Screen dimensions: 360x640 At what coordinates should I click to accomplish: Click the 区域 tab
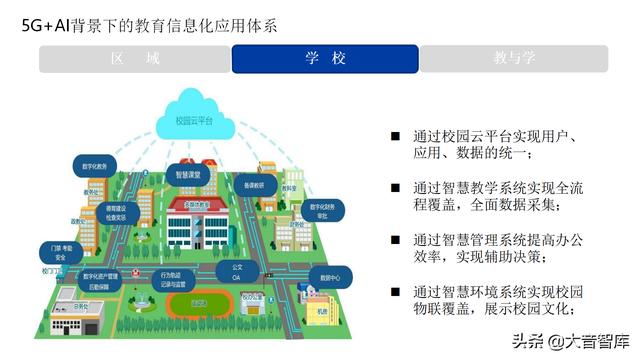[x=135, y=59]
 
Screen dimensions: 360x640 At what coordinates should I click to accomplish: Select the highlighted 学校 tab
[x=325, y=59]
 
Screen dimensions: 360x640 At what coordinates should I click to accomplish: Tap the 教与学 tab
[x=515, y=59]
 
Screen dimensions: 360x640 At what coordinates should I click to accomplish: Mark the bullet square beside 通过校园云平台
[x=395, y=134]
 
